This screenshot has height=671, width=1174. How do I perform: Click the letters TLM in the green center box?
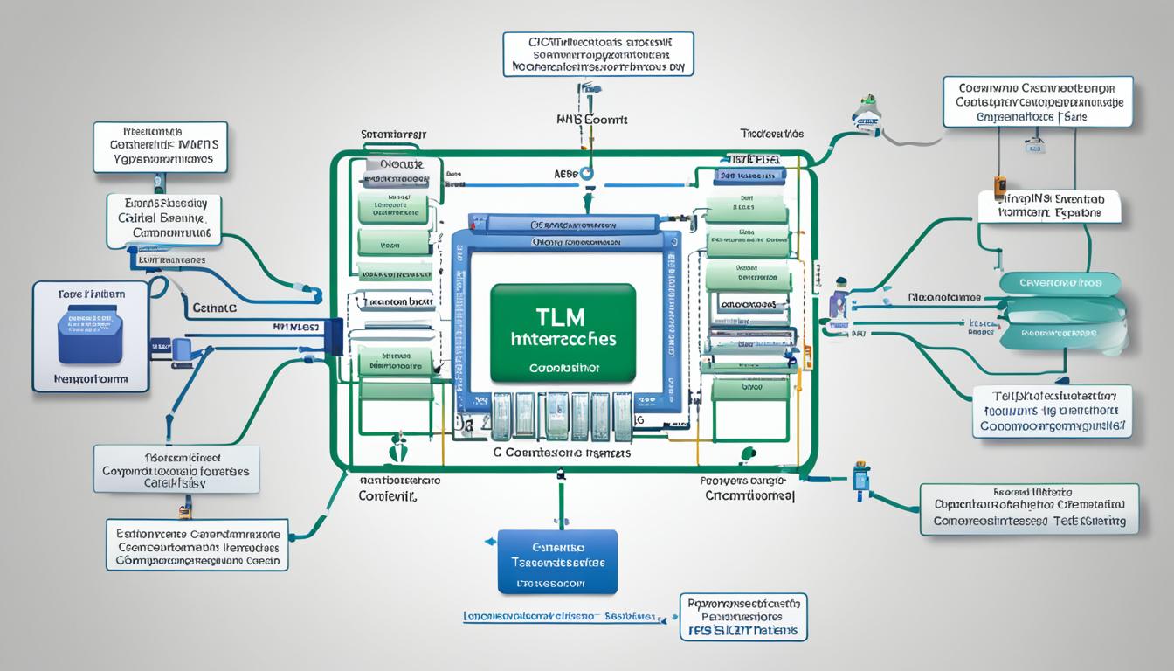click(x=562, y=315)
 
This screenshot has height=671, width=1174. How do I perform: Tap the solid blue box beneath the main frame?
click(x=557, y=561)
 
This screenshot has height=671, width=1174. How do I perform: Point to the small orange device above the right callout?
click(x=1000, y=184)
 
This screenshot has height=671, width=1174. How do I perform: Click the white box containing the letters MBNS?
click(x=160, y=147)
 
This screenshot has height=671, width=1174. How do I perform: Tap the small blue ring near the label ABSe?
click(x=587, y=174)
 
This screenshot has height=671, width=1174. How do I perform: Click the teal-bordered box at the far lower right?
click(x=1029, y=509)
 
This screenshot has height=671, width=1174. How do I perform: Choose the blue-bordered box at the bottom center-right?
click(x=742, y=617)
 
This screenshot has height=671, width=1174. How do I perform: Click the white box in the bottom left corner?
click(x=197, y=545)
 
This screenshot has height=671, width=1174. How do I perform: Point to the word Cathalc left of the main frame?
click(x=215, y=308)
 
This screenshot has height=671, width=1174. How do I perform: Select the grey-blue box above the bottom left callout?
click(x=176, y=470)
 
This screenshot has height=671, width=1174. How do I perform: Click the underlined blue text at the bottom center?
click(x=559, y=616)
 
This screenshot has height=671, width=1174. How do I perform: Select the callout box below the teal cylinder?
click(x=1052, y=411)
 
